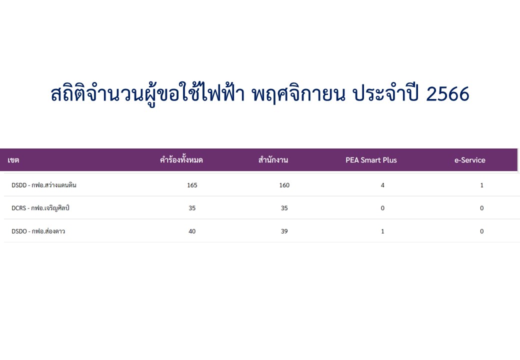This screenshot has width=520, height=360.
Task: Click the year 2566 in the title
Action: tap(447, 94)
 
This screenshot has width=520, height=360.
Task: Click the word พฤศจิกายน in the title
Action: tap(298, 94)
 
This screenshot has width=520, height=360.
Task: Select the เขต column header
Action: tap(13, 160)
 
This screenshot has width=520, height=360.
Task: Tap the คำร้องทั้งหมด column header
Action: tap(181, 160)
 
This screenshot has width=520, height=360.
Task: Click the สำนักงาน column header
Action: tap(273, 160)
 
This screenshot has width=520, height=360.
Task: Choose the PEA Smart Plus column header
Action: tap(371, 160)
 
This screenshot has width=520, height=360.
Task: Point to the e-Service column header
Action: tap(469, 160)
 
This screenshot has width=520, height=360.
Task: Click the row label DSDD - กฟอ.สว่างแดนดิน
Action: tap(44, 185)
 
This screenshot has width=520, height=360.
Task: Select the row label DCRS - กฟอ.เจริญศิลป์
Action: tap(40, 208)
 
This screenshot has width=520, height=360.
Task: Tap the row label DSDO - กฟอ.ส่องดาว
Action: tap(38, 231)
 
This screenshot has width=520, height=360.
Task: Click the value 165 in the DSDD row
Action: tap(192, 185)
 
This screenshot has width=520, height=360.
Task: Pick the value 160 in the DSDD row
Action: tap(284, 185)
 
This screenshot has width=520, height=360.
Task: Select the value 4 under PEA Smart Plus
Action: tap(382, 185)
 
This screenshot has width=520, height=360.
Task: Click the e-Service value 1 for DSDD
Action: tap(482, 185)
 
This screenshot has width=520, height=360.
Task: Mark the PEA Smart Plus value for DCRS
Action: tap(382, 208)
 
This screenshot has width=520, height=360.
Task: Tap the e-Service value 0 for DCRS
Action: tap(482, 208)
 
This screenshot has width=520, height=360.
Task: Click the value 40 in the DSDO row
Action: tap(192, 231)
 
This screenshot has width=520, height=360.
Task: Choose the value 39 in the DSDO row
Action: tap(284, 231)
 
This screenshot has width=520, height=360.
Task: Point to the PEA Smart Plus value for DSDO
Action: tap(382, 231)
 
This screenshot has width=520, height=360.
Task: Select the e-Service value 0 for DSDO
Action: tap(482, 231)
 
